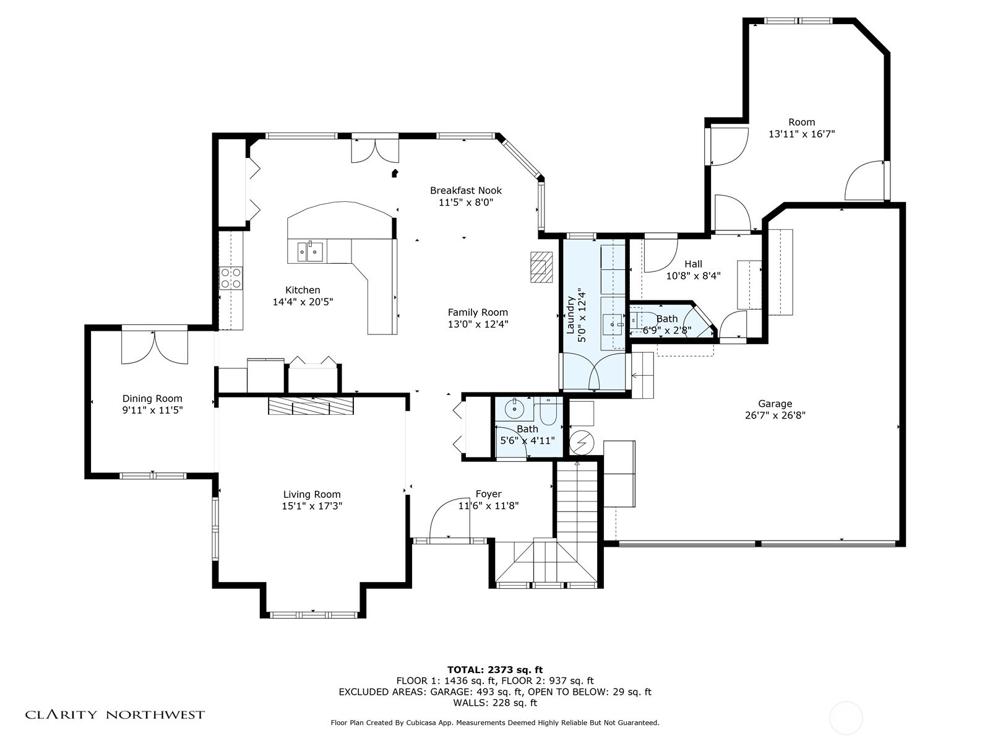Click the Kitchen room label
pos(303,290)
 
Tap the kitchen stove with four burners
pos(231,278)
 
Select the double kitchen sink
pos(311,251)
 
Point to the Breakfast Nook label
pos(465,190)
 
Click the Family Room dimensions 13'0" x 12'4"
pos(478,324)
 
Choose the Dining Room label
pos(152,398)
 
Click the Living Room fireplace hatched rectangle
pos(311,405)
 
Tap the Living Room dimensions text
pos(312,506)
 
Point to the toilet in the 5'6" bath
pos(548,411)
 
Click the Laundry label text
pos(570,315)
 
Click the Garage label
pos(775,404)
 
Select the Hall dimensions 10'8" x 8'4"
pos(693,276)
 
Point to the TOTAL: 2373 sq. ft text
pos(495,669)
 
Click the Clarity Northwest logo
pos(114,714)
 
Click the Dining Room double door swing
pos(155,347)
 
